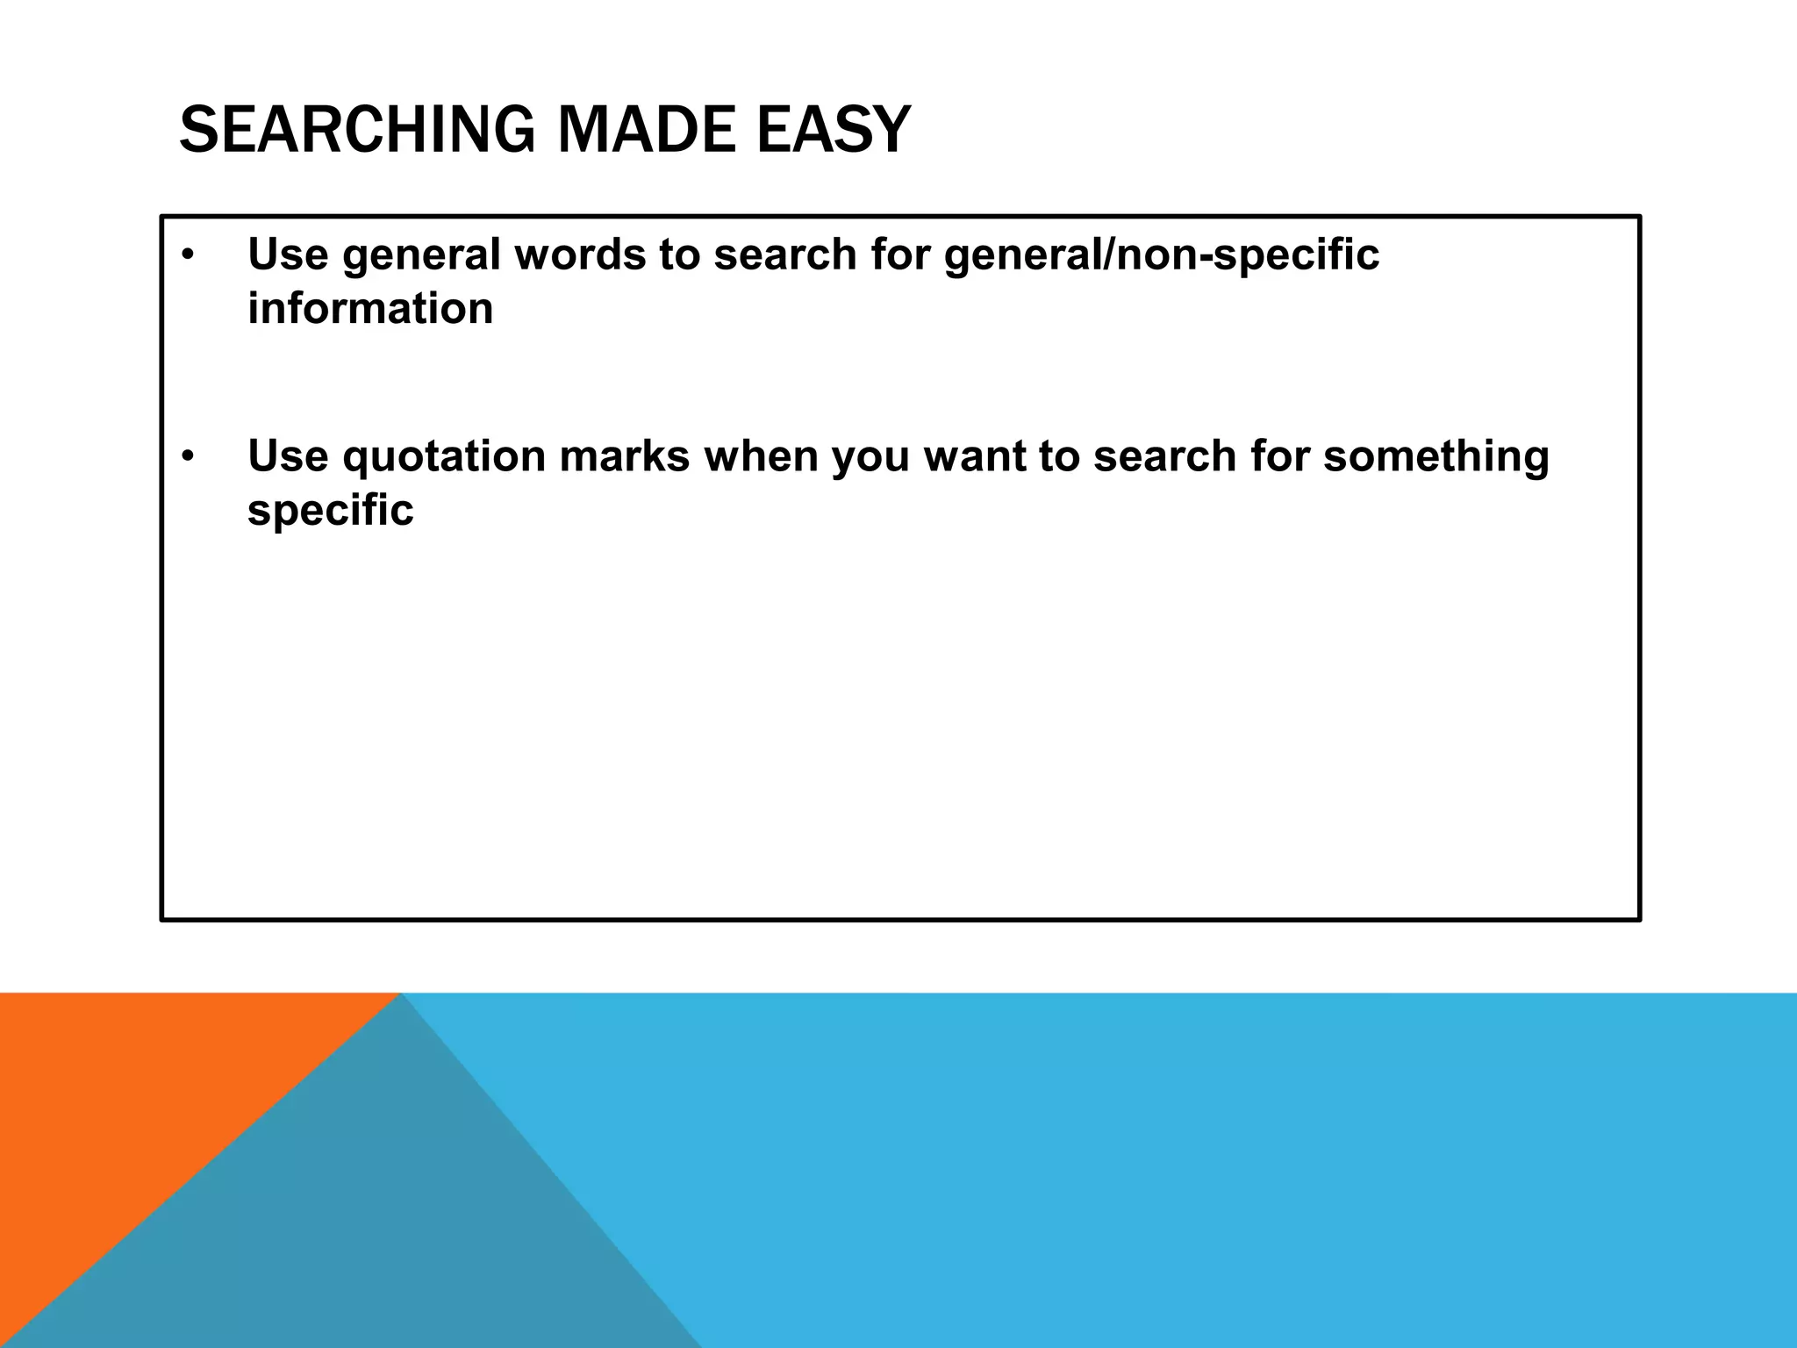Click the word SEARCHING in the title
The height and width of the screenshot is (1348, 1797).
[356, 131]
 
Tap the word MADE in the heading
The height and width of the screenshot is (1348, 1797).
[647, 131]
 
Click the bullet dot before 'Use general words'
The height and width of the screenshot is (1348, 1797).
[187, 255]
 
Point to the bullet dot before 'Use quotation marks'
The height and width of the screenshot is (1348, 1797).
[187, 457]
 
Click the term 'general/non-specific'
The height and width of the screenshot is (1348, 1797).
[1161, 255]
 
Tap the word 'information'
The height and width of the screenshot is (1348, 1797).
[370, 309]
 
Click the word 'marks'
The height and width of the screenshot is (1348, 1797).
[624, 457]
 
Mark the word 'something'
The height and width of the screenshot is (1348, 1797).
[1435, 457]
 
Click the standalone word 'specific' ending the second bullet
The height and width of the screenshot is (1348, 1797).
[330, 511]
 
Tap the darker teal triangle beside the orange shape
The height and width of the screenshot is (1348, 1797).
[369, 1229]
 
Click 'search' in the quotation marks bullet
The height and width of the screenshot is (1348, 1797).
[1164, 457]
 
